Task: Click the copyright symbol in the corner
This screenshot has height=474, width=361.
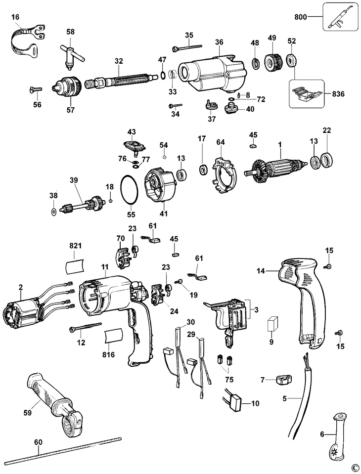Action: [354, 468]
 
